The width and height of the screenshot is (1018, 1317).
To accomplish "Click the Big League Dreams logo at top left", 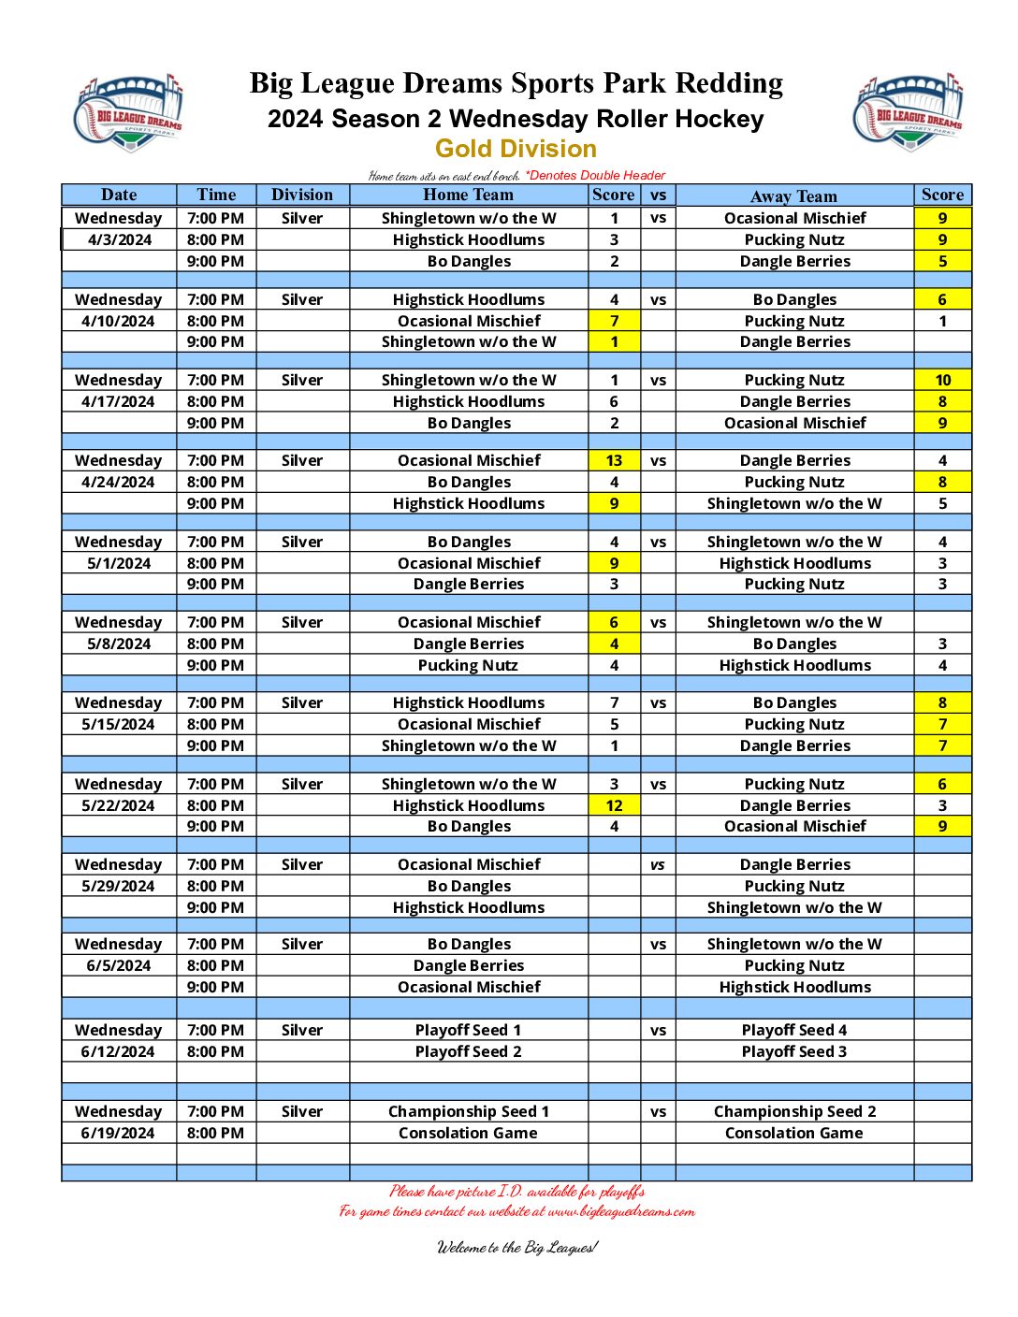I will tap(127, 112).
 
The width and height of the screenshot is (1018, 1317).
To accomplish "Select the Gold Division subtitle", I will tap(516, 149).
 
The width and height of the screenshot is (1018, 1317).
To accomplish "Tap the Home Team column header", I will tap(468, 195).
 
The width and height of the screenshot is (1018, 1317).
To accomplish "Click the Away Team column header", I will tap(793, 195).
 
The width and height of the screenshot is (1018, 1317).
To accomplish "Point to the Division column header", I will tap(301, 195).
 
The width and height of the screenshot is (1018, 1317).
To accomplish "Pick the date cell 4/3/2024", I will tap(119, 239).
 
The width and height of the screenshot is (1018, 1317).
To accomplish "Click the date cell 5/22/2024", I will tap(119, 805).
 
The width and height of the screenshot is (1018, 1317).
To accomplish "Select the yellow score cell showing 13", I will tap(614, 460).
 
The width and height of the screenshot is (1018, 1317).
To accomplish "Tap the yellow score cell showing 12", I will tap(614, 805).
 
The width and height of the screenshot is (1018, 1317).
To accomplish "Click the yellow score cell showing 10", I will tap(942, 380).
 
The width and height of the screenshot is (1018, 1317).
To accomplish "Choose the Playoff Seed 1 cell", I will tap(468, 1030).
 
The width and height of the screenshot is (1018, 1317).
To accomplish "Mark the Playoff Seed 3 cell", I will tap(793, 1051).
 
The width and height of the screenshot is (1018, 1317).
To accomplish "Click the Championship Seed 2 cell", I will tap(794, 1111).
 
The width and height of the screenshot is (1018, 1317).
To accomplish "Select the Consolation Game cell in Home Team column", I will tap(468, 1133).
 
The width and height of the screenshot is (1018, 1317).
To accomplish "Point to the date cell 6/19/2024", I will tap(119, 1133).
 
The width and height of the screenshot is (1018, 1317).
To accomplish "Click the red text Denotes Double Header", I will tap(596, 175).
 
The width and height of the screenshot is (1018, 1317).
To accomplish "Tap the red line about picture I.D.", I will tap(516, 1191).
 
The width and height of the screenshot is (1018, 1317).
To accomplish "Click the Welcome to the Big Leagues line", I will tap(516, 1247).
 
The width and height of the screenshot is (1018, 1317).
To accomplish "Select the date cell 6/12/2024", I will tap(119, 1051).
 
